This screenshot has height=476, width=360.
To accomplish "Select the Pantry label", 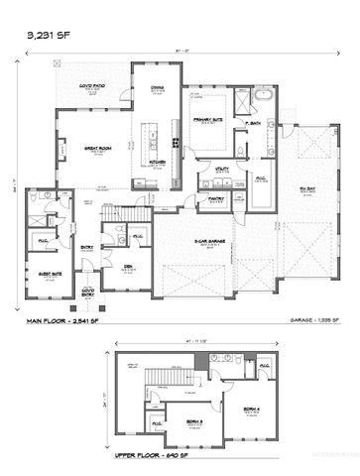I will pos(214,197).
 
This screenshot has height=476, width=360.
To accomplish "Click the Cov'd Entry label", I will pos(87,291).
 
